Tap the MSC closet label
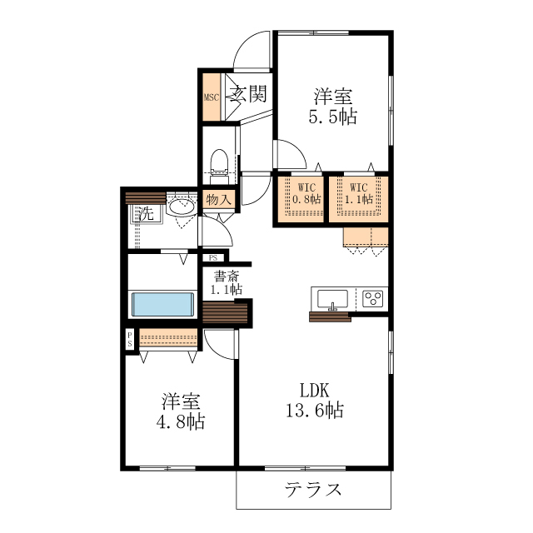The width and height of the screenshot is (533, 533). click(211, 97)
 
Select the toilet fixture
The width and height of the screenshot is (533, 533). click(220, 163)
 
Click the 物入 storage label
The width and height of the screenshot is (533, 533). click(218, 200)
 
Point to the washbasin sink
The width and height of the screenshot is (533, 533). click(178, 207)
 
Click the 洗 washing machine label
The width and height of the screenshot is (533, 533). click(146, 213)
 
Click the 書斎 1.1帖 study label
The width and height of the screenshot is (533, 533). click(226, 283)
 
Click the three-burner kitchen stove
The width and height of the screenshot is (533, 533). click(372, 297)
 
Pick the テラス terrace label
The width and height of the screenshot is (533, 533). click(313, 489)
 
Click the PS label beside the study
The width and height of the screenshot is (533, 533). click(214, 258)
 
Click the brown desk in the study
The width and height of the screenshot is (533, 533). click(226, 311)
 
